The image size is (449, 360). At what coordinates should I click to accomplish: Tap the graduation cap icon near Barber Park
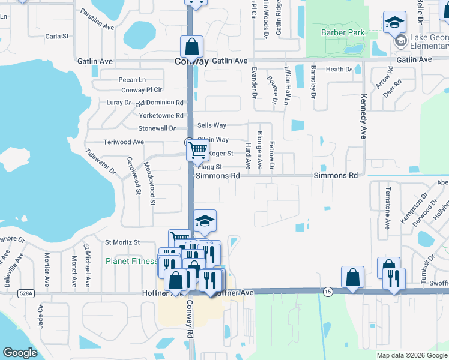[394, 23]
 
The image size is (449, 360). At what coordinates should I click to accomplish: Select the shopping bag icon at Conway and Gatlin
[191, 46]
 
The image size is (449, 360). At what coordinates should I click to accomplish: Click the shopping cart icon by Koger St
[197, 150]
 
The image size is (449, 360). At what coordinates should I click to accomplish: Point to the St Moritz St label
[122, 242]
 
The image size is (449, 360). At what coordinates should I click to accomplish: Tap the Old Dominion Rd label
[159, 103]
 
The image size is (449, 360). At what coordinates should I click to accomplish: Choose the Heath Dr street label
[339, 70]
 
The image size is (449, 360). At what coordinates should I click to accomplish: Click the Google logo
[20, 353]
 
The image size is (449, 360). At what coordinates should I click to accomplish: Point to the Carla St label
[57, 37]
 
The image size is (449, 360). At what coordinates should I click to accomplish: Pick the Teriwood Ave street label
[124, 142]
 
